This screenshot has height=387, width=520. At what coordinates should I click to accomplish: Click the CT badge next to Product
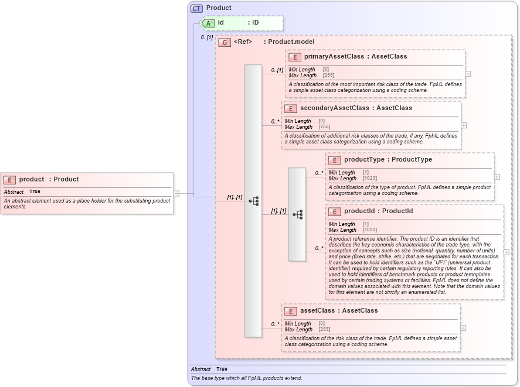196,8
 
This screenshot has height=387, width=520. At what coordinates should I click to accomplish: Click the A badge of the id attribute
208,23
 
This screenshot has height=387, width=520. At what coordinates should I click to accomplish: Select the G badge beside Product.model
224,42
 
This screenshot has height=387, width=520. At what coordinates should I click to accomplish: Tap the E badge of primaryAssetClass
294,57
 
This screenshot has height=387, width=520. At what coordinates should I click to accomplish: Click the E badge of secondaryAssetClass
290,108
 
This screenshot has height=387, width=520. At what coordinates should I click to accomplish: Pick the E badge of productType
334,160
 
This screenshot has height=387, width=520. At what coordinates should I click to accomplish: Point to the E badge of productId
334,211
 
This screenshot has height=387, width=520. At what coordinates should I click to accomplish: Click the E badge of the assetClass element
290,311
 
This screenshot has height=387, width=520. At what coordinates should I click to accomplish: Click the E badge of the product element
9,180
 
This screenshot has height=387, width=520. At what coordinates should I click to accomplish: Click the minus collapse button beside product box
176,193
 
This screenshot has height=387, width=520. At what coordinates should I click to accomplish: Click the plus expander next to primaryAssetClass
468,74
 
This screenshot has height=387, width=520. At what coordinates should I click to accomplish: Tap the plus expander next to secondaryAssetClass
464,125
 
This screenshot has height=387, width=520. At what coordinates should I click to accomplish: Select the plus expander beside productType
497,177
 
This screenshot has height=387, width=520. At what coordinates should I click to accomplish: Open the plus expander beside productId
507,252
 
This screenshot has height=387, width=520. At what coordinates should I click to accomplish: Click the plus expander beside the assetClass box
463,328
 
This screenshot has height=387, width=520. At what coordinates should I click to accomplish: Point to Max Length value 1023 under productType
370,179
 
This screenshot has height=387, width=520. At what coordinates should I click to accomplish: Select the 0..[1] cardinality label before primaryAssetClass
277,70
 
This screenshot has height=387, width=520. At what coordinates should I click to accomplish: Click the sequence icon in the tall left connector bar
253,201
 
